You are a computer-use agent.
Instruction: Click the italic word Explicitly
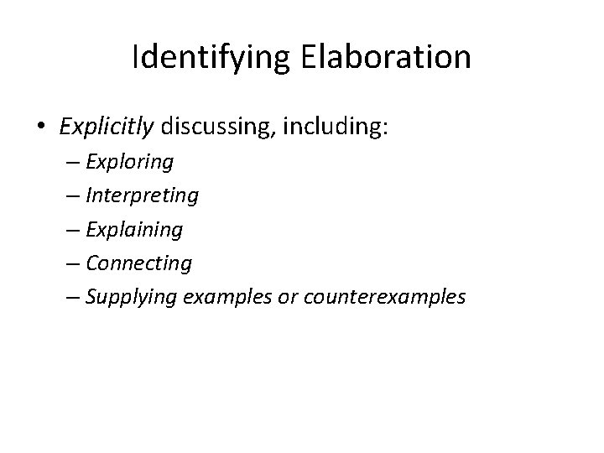point(107,128)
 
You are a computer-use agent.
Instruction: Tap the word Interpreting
point(142,195)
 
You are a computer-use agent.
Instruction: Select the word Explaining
point(134,229)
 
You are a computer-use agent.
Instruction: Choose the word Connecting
point(138,263)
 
